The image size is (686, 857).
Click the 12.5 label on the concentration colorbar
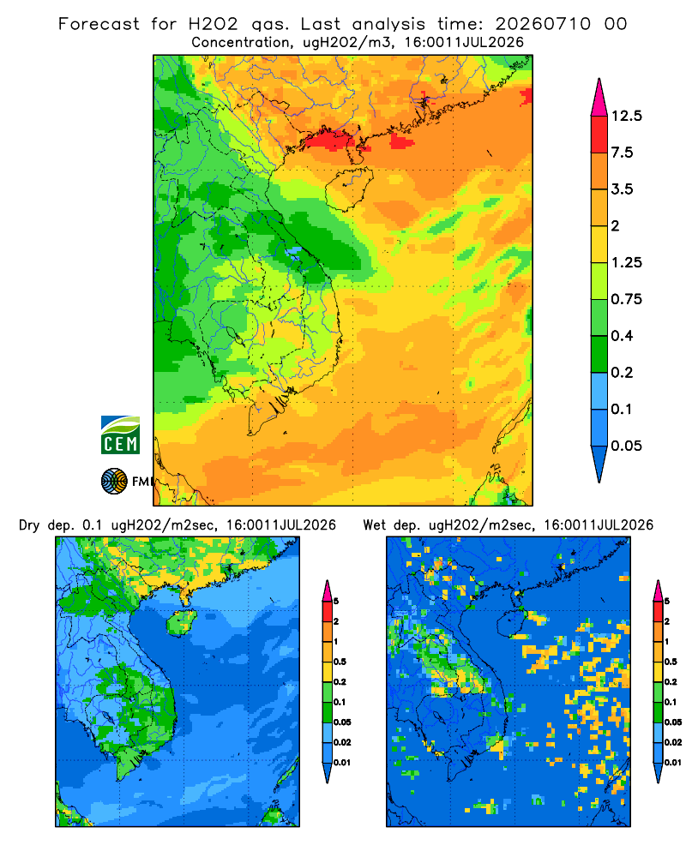(x=626, y=116)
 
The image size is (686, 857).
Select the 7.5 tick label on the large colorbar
(x=623, y=153)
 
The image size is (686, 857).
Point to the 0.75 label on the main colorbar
(x=626, y=299)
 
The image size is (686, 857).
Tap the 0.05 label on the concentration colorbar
(x=626, y=446)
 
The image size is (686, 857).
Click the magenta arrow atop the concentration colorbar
(x=599, y=98)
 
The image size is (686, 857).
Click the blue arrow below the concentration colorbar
(x=599, y=464)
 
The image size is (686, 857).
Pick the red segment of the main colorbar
(x=599, y=135)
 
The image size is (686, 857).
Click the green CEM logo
(x=120, y=435)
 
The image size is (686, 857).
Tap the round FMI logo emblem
(x=114, y=482)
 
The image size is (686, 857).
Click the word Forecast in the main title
(x=99, y=24)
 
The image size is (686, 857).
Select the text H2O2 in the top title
(x=214, y=24)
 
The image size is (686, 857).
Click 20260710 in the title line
(x=543, y=24)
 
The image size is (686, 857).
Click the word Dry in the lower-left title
(x=29, y=525)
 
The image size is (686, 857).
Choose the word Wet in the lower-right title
(x=375, y=525)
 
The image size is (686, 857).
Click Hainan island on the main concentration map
(x=348, y=189)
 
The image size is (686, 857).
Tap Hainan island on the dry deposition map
(x=181, y=622)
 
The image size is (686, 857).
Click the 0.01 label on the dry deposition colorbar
(x=342, y=763)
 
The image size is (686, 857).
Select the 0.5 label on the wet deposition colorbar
(x=670, y=662)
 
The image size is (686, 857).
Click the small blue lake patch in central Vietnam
(x=294, y=252)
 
